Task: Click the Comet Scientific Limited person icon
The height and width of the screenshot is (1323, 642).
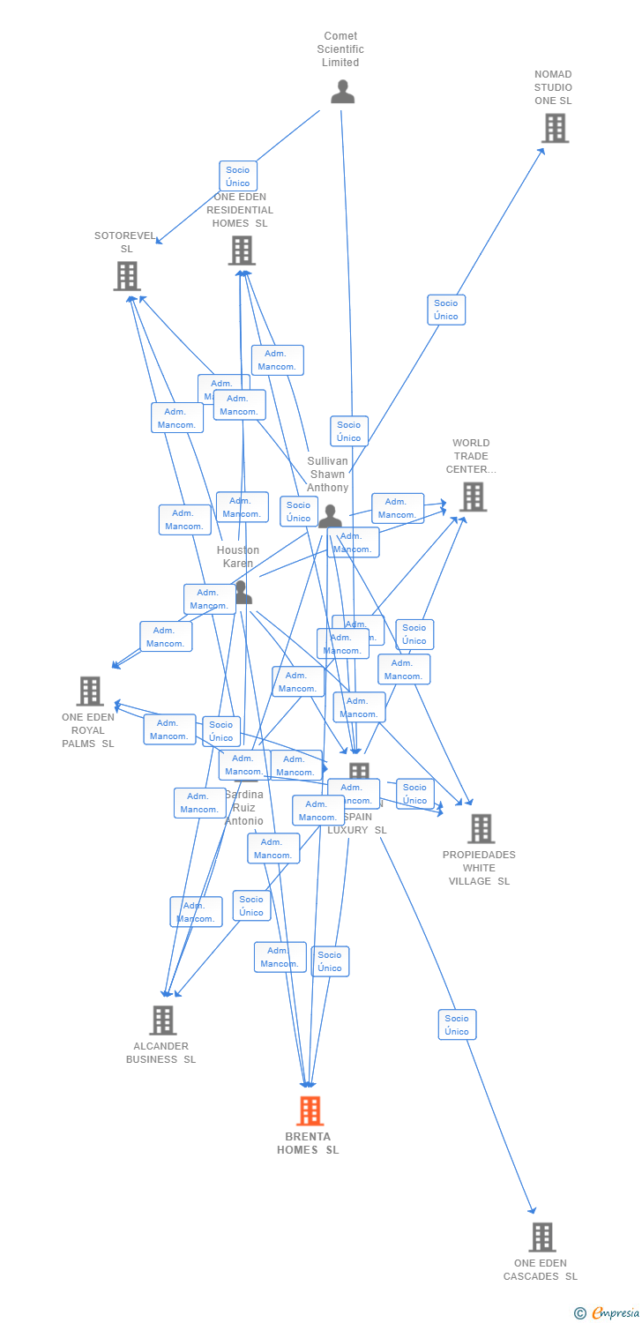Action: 342,92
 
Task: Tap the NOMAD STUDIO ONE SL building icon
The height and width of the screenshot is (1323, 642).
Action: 554,129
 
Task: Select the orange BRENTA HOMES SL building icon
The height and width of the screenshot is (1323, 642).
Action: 310,1110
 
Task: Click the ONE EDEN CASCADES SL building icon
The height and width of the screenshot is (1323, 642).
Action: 541,1237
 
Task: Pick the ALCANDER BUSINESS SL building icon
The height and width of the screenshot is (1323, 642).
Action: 162,1020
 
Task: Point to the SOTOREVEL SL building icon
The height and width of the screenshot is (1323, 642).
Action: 127,276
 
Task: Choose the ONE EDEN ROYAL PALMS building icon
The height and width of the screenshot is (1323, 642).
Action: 89,691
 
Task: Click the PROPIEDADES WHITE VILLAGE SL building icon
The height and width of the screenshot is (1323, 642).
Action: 481,829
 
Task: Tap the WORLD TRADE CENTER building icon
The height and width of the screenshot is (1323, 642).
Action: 473,497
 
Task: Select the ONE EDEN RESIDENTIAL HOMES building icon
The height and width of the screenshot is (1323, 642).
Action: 242,250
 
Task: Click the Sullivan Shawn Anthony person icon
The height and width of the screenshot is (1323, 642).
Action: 330,517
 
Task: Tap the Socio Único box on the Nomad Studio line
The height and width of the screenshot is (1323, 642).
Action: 446,310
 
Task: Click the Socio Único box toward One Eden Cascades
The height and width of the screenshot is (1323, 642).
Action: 457,1025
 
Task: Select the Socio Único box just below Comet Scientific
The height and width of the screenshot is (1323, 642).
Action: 237,176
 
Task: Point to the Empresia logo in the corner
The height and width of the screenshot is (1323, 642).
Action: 608,1313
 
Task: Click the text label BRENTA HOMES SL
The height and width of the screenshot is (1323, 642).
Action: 308,1143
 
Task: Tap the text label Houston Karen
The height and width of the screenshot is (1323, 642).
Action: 238,557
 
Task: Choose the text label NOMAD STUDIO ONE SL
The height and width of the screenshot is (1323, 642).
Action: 553,87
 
